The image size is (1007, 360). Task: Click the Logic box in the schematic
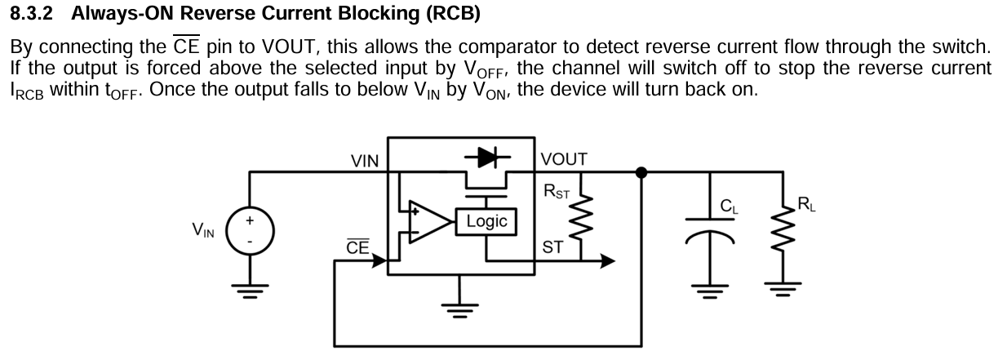coord(486,221)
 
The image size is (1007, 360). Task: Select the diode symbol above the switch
coord(487,158)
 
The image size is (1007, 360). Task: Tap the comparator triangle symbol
coord(430,222)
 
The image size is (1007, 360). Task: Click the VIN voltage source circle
coord(250,231)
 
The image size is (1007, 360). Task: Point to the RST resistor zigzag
coord(582,217)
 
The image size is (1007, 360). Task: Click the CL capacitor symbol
coord(710,230)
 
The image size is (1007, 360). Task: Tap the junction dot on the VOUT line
coord(641,172)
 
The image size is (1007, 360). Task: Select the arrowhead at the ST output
coord(608,260)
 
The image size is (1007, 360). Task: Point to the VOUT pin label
coord(564,159)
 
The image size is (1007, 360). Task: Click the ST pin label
coord(552,247)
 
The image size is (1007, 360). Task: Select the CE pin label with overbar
coord(358,247)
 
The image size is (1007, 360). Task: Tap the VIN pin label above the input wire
coord(365,161)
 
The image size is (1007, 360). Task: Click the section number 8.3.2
coord(32,14)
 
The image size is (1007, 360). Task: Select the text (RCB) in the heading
coord(453,14)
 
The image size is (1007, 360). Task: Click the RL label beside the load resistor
coord(806,205)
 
